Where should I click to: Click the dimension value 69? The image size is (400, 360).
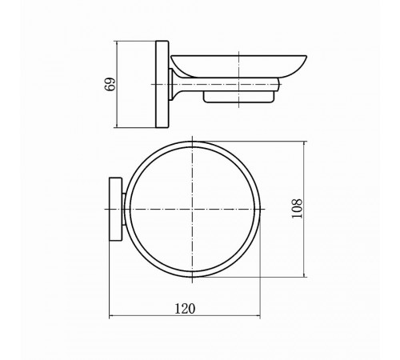(110, 84)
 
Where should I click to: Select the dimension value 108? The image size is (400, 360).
(297, 209)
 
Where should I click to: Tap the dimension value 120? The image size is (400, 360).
(185, 309)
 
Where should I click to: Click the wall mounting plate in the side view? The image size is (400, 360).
(162, 84)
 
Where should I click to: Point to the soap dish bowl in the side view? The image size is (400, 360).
(238, 66)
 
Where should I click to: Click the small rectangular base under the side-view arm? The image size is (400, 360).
(238, 97)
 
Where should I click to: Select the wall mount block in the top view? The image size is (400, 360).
(115, 209)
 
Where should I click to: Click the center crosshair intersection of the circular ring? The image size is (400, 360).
(192, 209)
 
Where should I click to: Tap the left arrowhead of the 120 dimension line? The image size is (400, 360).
(111, 316)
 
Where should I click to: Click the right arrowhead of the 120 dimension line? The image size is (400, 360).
(258, 316)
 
